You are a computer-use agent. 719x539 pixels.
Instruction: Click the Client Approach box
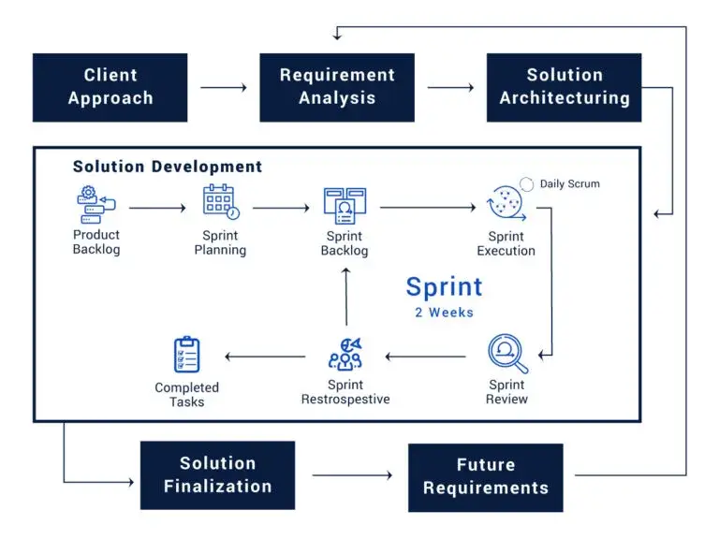pos(110,87)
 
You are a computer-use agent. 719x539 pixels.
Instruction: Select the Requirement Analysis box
pos(337,87)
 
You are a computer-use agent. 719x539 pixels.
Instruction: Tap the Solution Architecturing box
pos(564,87)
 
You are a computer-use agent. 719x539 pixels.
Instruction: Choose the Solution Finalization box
pos(217,475)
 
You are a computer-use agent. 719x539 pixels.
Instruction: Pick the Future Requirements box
pos(485,476)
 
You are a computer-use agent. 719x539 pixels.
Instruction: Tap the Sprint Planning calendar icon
pos(220,202)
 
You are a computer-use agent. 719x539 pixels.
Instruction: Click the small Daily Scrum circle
pos(526,184)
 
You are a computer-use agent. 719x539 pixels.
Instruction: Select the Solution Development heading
pos(168,167)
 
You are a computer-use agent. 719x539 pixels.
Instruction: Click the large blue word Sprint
pos(445,286)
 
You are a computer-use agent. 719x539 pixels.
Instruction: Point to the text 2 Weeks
pos(445,313)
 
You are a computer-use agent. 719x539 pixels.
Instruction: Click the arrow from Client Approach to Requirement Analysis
pos(224,88)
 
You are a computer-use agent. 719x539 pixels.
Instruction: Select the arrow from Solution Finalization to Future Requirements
pos(352,475)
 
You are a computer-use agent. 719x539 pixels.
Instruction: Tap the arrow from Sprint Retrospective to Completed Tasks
pos(266,356)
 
